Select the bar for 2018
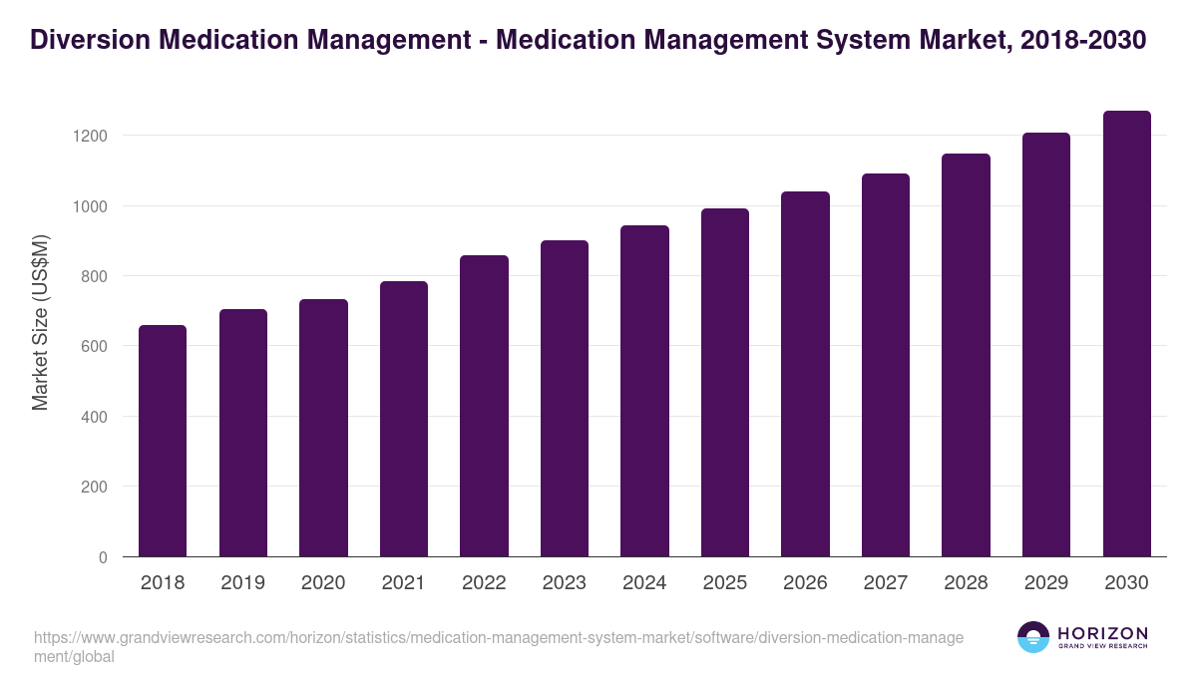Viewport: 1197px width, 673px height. pos(163,441)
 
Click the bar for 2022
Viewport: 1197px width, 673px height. pos(484,406)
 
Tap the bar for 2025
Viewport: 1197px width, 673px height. pos(724,382)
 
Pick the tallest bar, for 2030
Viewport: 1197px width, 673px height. pos(1126,334)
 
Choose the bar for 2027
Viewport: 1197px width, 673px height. pos(886,365)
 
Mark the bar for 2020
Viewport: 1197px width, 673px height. pos(323,428)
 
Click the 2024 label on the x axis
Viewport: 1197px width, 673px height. pos(644,583)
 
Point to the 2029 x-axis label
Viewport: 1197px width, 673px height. pos(1046,583)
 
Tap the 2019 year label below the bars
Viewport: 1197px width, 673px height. pos(242,583)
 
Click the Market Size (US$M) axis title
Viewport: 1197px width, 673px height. pos(40,321)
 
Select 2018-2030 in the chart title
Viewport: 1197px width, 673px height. pos(1084,40)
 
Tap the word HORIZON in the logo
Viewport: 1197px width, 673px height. pos(1102,632)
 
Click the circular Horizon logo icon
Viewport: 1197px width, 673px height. pos(1033,637)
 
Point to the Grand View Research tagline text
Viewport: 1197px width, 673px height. pos(1102,646)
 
